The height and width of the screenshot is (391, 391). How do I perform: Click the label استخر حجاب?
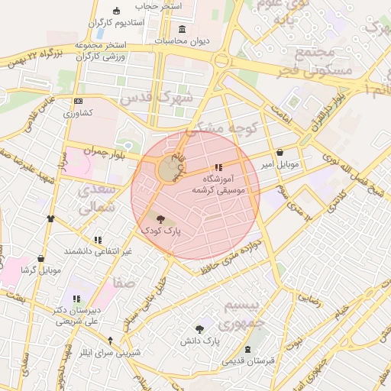point(159,6)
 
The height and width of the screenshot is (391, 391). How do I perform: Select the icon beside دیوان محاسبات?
point(181,30)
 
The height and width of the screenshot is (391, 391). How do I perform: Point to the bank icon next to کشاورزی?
point(78,102)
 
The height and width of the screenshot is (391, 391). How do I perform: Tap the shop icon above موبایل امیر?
point(280,152)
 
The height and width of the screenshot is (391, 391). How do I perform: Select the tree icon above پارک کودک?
point(158,218)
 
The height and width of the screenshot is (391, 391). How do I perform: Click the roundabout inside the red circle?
point(166,170)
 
